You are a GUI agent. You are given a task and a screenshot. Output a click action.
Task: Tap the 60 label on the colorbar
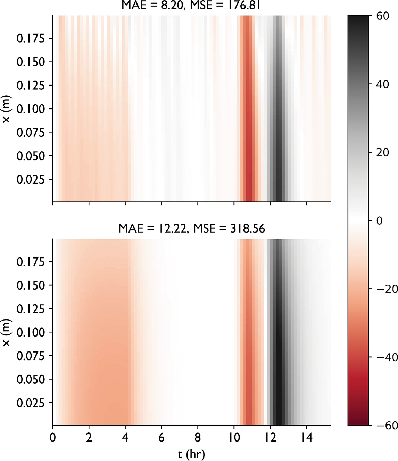pos(383,16)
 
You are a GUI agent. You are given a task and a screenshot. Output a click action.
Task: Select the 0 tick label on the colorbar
pos(379,220)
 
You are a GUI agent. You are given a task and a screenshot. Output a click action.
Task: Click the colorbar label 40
pos(383,84)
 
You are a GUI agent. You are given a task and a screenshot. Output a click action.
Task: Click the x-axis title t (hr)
pos(191,454)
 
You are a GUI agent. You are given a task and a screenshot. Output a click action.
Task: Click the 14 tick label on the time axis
pos(307,437)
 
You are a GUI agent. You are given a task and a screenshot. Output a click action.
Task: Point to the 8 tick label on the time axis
pos(198,437)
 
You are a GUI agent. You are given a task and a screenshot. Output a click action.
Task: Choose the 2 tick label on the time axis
pos(89,437)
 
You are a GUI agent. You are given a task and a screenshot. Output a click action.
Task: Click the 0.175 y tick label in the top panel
pos(31,38)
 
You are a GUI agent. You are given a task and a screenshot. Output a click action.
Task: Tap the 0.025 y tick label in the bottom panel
pos(31,403)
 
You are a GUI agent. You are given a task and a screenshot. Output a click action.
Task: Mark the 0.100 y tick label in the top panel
pos(31,109)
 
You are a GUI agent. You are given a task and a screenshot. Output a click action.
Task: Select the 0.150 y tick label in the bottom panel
pos(31,285)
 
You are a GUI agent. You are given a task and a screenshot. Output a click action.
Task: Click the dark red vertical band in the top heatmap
pos(249,139)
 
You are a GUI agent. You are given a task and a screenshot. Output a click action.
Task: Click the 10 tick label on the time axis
pos(234,437)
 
